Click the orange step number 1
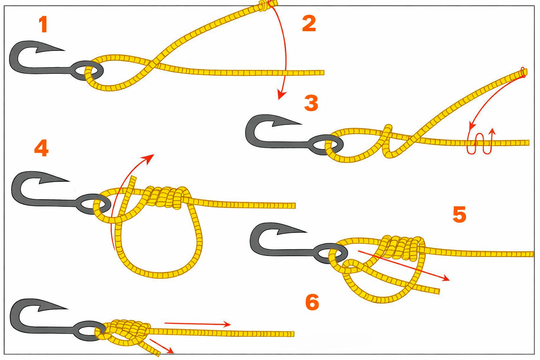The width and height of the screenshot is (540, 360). pos(43,24)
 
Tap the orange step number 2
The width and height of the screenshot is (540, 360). pos(309,23)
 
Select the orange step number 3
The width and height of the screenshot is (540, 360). pos(311,103)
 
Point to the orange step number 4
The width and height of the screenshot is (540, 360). pos(41,148)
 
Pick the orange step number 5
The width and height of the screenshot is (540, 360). pos(459,214)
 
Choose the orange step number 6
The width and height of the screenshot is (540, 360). pos(312,302)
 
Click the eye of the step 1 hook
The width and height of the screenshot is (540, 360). pos(87,71)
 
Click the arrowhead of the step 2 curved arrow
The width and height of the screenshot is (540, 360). pos(281,95)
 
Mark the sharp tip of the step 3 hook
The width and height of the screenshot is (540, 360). pos(301,124)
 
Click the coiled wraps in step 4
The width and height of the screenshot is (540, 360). pos(166,197)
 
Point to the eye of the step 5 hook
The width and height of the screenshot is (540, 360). pos(331,253)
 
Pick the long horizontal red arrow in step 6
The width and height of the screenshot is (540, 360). pos(198,323)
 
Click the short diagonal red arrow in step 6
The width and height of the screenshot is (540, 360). pos(162,346)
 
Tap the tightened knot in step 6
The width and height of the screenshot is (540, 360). pos(126,331)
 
